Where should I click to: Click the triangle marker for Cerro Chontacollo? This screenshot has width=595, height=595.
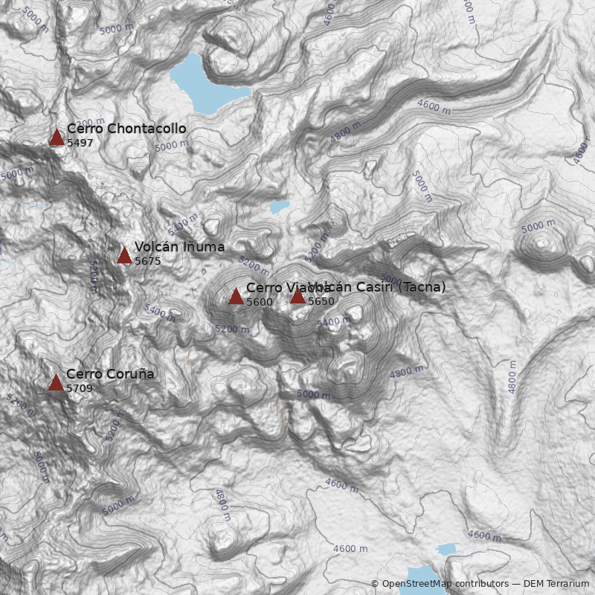pyautogui.click(x=57, y=137)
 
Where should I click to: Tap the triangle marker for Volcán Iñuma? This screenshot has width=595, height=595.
pyautogui.click(x=124, y=255)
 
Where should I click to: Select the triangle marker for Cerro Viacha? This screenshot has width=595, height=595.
pyautogui.click(x=236, y=296)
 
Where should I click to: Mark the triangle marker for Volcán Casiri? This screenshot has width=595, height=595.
pyautogui.click(x=297, y=296)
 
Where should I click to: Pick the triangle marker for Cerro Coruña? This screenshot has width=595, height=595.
pyautogui.click(x=56, y=382)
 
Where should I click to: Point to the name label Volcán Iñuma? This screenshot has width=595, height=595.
pyautogui.click(x=179, y=247)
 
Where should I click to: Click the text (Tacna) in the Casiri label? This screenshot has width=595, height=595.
pyautogui.click(x=422, y=287)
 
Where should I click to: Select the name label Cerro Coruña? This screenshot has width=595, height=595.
pyautogui.click(x=110, y=374)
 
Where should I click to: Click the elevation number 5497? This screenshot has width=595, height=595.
pyautogui.click(x=80, y=143)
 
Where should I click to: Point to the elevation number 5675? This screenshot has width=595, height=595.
pyautogui.click(x=148, y=261)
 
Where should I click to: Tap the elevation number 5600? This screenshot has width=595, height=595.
pyautogui.click(x=260, y=302)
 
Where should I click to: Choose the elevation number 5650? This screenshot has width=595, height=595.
pyautogui.click(x=321, y=302)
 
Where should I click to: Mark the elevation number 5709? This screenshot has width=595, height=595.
pyautogui.click(x=80, y=388)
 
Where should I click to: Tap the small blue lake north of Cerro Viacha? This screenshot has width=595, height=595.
pyautogui.click(x=280, y=207)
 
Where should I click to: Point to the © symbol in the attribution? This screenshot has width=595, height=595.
pyautogui.click(x=375, y=585)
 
